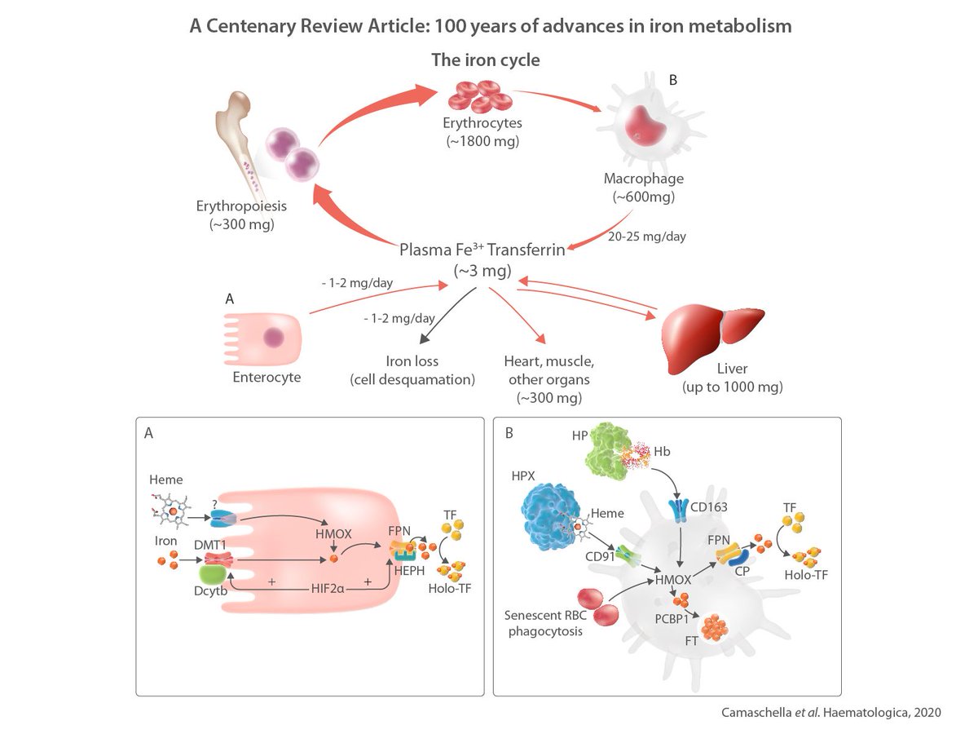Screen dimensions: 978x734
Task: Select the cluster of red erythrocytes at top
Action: tap(480, 96)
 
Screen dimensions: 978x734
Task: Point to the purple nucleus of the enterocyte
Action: tap(273, 338)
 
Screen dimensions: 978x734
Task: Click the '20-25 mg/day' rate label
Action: tap(646, 237)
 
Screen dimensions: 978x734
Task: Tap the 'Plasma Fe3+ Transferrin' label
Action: tap(482, 250)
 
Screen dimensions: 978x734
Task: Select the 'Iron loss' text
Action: tap(412, 361)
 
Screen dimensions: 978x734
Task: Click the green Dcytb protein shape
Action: tap(213, 575)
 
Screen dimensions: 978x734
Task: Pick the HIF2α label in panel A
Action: tap(328, 589)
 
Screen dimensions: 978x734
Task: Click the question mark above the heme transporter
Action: tap(215, 505)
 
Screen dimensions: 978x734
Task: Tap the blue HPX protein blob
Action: tap(551, 517)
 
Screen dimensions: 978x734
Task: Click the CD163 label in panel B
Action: tap(709, 507)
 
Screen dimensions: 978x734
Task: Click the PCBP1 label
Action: tap(672, 619)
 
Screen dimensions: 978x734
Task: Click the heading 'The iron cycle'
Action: tap(486, 60)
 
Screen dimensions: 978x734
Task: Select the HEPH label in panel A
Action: tap(409, 570)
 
